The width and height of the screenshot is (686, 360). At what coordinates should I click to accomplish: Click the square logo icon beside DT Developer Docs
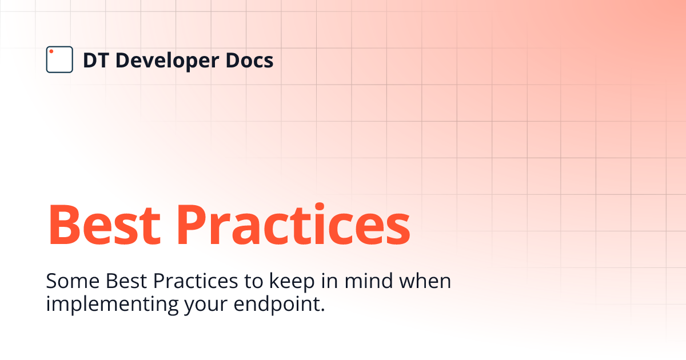59,59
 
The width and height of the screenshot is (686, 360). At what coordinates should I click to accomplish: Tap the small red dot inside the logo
51,52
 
